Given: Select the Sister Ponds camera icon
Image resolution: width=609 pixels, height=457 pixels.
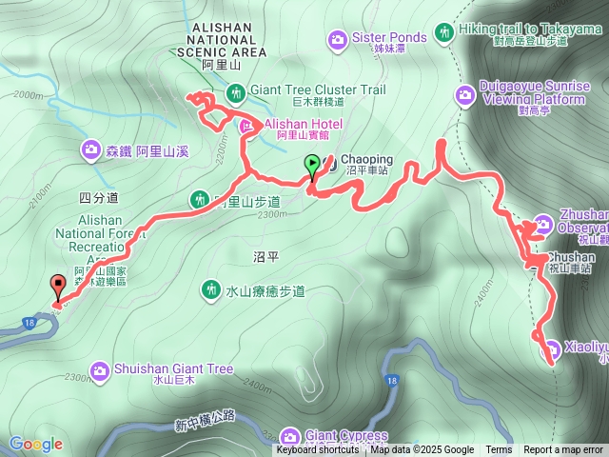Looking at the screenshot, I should pyautogui.click(x=337, y=39).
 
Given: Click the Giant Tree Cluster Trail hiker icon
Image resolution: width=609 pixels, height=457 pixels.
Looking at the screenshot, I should pyautogui.click(x=235, y=91).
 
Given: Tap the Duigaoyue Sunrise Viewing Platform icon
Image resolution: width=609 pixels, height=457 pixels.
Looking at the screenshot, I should pyautogui.click(x=465, y=93).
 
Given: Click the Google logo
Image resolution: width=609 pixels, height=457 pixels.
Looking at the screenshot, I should pyautogui.click(x=35, y=444).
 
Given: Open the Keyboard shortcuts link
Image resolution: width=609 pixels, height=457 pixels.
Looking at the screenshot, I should pyautogui.click(x=318, y=450).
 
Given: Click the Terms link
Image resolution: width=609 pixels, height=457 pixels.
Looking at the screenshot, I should pyautogui.click(x=499, y=450).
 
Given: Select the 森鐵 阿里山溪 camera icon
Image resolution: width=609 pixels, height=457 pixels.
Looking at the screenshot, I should pyautogui.click(x=90, y=149).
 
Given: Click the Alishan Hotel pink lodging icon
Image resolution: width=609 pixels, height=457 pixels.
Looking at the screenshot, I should pyautogui.click(x=246, y=126).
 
